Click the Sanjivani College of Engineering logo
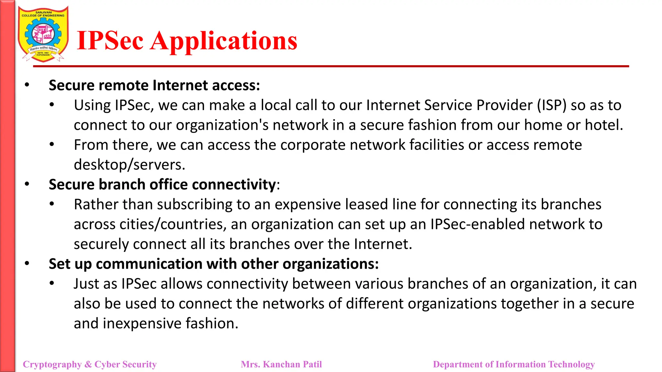point(43,34)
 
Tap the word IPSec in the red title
point(110,41)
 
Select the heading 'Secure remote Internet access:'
point(154,86)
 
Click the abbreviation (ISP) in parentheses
point(551,106)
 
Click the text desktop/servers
point(129,165)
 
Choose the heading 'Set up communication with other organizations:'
point(214,264)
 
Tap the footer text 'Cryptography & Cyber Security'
point(90,364)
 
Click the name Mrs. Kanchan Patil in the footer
point(281,364)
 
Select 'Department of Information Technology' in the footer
point(514,364)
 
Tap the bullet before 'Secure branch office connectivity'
point(27,184)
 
